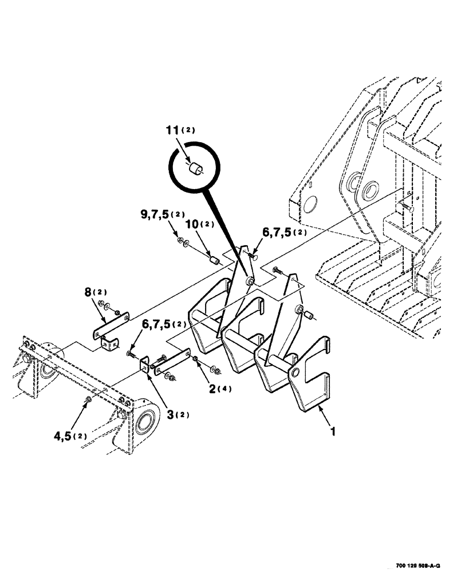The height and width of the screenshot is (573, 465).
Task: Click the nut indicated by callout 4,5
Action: (87, 399)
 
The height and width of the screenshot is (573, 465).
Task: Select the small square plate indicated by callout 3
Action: (144, 366)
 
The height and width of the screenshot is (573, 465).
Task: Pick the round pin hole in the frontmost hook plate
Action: (294, 372)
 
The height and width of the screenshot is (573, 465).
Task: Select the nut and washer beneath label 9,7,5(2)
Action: (183, 241)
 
